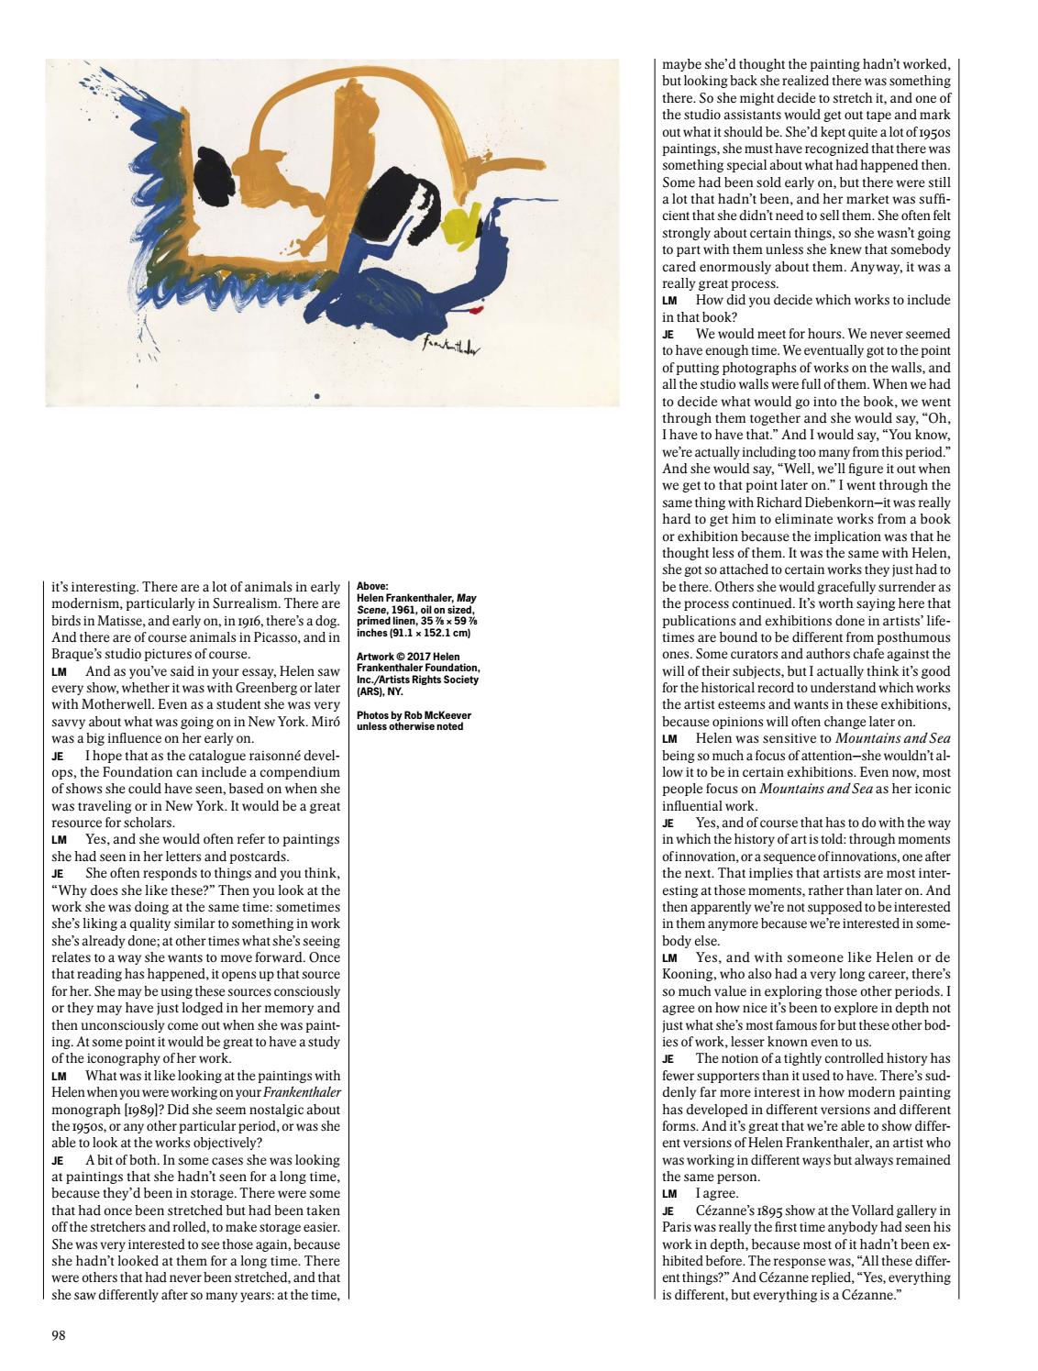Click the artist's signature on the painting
452,347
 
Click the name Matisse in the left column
116,621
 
